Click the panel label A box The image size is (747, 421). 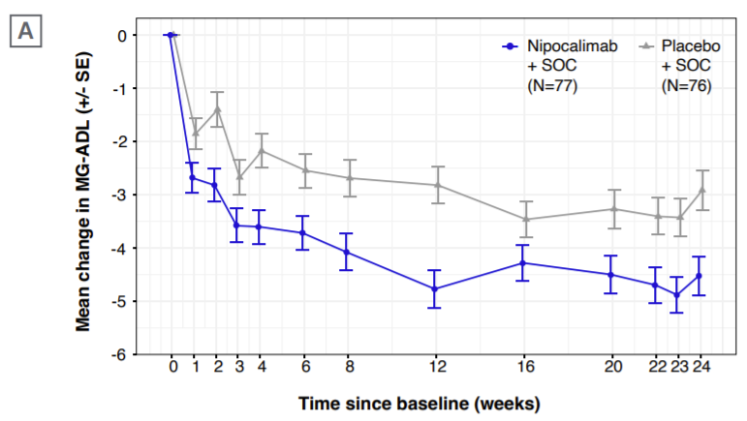(26, 32)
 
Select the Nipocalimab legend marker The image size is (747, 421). (511, 45)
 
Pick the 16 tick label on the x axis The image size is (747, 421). (525, 366)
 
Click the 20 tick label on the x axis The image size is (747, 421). (611, 366)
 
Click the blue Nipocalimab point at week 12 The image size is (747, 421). (435, 288)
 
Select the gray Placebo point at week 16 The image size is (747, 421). (525, 219)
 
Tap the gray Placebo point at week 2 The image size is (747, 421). (217, 108)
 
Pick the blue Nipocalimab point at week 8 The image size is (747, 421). (347, 252)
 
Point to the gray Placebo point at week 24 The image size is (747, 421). (701, 190)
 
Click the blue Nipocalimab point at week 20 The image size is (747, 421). (610, 274)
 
